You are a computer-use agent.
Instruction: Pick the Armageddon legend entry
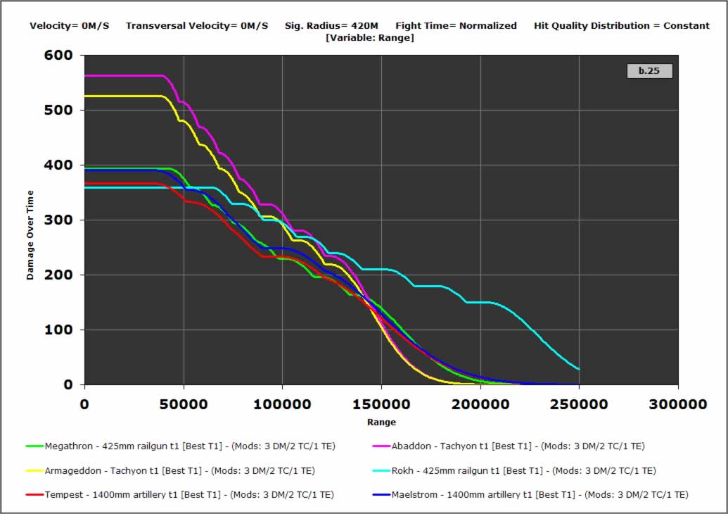click(x=170, y=470)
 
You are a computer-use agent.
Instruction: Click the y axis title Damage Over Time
click(x=31, y=220)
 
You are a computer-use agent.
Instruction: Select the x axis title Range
click(x=381, y=422)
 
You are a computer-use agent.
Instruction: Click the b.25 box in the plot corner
click(x=649, y=71)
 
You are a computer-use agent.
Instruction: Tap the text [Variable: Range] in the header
click(x=370, y=37)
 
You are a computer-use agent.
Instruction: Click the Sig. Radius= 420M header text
click(x=331, y=26)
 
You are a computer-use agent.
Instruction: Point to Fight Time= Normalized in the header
click(x=456, y=26)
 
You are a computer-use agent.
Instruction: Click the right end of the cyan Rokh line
click(x=578, y=368)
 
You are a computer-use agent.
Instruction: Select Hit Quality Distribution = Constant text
click(x=622, y=26)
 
